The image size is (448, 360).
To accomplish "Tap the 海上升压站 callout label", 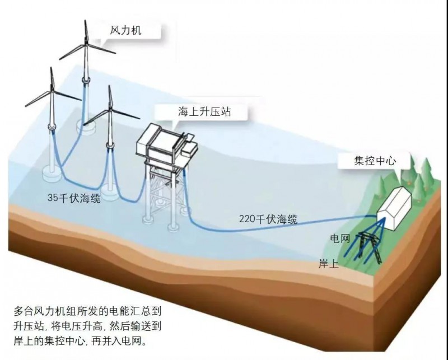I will pyautogui.click(x=204, y=112).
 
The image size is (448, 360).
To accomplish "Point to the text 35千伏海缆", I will pyautogui.click(x=74, y=198).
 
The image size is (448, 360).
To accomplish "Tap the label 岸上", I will pyautogui.click(x=328, y=263).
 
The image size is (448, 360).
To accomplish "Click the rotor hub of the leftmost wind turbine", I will pyautogui.click(x=52, y=91).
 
